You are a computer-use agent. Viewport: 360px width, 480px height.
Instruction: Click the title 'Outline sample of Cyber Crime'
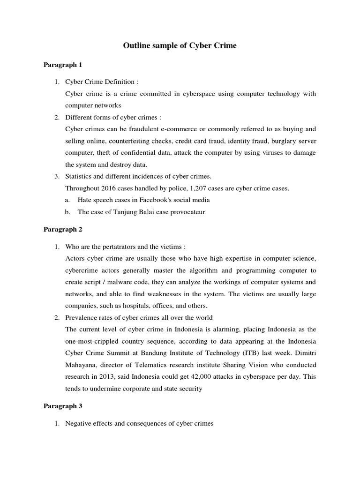point(180,45)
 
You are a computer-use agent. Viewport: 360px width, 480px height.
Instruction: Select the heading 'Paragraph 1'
point(63,65)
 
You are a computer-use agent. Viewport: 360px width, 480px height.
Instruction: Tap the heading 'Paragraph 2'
point(63,229)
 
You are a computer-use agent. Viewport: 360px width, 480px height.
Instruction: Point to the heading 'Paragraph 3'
point(63,406)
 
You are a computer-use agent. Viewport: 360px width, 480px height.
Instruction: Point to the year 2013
point(103,376)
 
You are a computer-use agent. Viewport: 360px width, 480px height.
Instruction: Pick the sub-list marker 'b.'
point(67,211)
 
